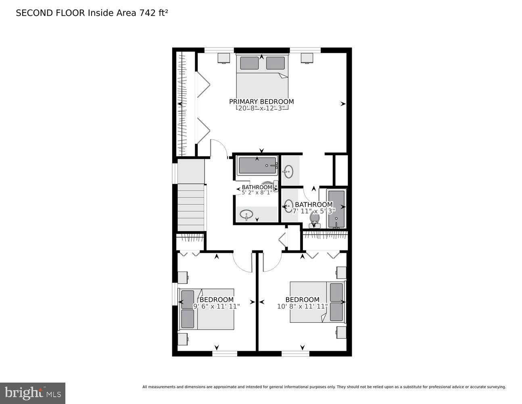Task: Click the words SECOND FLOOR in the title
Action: pos(50,13)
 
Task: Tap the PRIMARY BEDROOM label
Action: pos(261,101)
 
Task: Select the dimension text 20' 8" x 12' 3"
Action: pos(261,108)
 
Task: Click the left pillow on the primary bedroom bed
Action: pos(249,63)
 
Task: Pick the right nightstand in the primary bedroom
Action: pos(307,58)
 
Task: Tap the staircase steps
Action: pos(191,207)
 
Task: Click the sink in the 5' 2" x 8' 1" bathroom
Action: pos(246,215)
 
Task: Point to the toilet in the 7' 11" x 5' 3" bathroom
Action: pos(314,219)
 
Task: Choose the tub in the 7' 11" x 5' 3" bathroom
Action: pos(336,209)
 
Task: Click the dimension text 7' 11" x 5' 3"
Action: pos(314,211)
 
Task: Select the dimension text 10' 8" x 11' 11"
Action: pos(302,306)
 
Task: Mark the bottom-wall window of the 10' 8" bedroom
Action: pos(295,353)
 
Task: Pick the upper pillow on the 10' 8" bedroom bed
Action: pos(336,292)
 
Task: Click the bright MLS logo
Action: pos(32,393)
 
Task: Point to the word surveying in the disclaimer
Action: pos(496,387)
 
